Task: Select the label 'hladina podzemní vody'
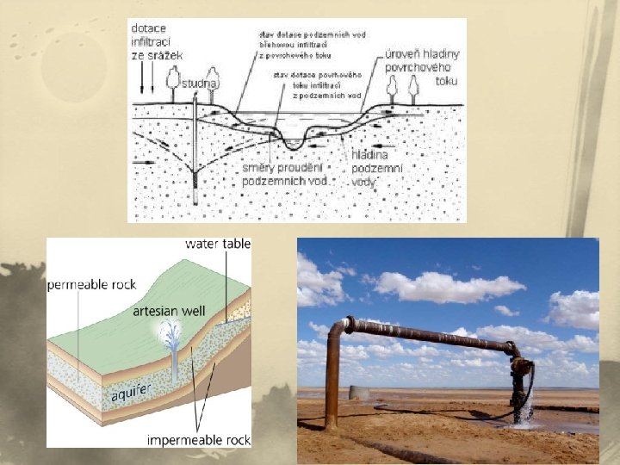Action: click(372, 167)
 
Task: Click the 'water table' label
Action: click(218, 244)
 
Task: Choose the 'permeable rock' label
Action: click(91, 284)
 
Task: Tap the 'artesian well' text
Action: click(169, 311)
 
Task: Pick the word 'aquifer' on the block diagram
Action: click(131, 394)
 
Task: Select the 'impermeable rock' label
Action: click(198, 440)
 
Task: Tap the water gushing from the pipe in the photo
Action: click(524, 405)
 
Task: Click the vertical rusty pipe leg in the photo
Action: click(332, 379)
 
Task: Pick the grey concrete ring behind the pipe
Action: click(359, 394)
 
